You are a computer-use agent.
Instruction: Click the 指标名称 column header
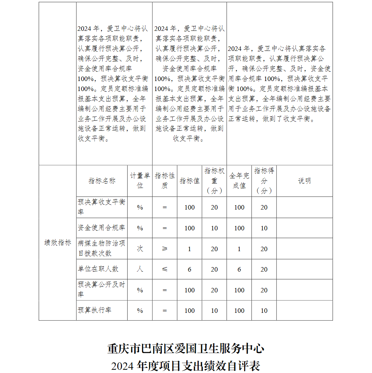click(102, 181)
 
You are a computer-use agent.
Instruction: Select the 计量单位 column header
click(140, 181)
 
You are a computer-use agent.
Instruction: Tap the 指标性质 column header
click(165, 181)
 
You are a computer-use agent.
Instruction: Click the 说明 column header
click(304, 181)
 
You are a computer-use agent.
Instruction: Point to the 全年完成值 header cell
click(239, 181)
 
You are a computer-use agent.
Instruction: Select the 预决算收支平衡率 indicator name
click(102, 207)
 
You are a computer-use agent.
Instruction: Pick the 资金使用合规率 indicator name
click(102, 228)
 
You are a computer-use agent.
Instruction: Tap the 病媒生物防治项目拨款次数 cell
click(102, 248)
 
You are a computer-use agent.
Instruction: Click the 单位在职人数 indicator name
click(98, 269)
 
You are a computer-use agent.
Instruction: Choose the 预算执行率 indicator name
click(94, 310)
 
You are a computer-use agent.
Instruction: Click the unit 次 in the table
click(140, 249)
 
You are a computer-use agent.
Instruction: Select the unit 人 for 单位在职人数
click(140, 269)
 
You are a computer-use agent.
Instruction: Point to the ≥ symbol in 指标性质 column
click(165, 249)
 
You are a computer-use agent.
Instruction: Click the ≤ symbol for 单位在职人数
click(165, 269)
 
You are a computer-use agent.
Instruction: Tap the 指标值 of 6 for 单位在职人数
click(189, 269)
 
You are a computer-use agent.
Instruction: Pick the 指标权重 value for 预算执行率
click(214, 311)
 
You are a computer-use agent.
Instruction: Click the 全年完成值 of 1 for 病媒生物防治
click(239, 249)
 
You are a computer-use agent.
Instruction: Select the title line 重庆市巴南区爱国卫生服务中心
click(186, 348)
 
